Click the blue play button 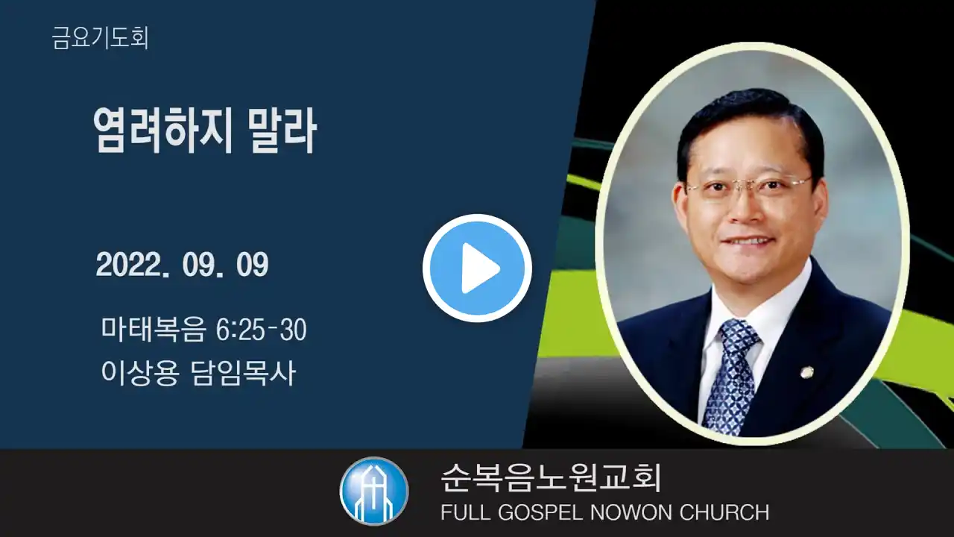(477, 268)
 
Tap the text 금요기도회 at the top (100, 38)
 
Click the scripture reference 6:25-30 (261, 329)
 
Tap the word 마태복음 (154, 329)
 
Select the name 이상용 (139, 373)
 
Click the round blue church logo (374, 491)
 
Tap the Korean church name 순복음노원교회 (551, 478)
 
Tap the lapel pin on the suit (806, 374)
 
